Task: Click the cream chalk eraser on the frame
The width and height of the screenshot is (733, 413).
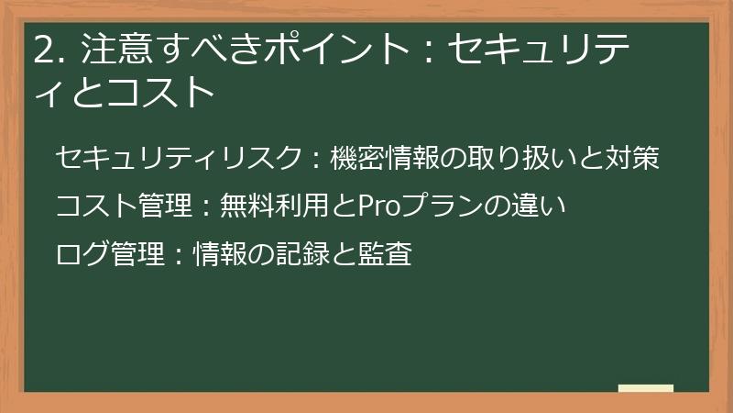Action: [646, 389]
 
